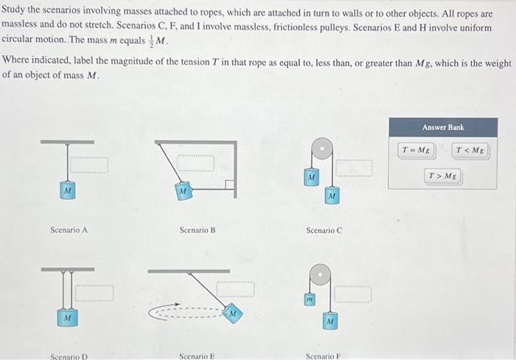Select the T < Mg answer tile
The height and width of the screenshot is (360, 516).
pos(471,150)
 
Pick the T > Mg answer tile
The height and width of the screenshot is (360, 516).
pos(443,176)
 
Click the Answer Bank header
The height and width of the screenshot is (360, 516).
pos(443,127)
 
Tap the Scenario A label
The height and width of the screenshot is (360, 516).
pos(69,230)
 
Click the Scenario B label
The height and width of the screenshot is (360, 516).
pos(198,230)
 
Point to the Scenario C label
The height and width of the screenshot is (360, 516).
pos(324,230)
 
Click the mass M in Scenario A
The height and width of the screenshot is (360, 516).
pos(68,191)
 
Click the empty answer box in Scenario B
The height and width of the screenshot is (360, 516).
pos(195,162)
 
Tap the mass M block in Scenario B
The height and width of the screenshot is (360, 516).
pos(181,192)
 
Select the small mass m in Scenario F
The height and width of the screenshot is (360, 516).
pos(310,301)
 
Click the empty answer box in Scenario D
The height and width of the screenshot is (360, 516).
pos(97,293)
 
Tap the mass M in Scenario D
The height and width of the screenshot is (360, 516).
pos(67,318)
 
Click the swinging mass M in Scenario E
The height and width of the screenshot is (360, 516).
pos(232,313)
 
